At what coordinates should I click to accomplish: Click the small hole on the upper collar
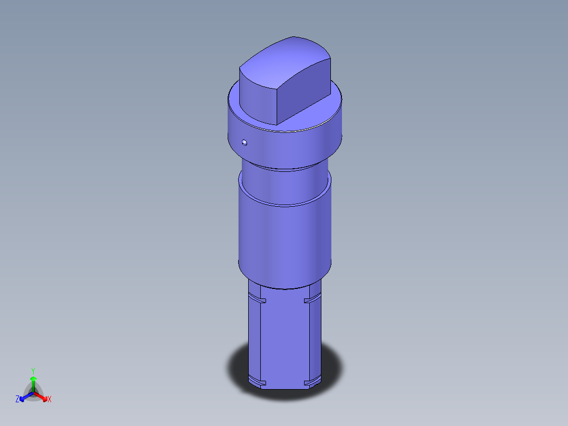[x=244, y=142]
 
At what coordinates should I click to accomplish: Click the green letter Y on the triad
[x=33, y=371]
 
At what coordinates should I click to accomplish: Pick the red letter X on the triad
[x=50, y=400]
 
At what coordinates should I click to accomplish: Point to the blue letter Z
[x=17, y=400]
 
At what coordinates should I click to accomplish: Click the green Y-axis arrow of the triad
[x=33, y=382]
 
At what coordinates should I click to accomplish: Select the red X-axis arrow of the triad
[x=42, y=396]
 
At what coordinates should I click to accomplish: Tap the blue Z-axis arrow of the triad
[x=24, y=396]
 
